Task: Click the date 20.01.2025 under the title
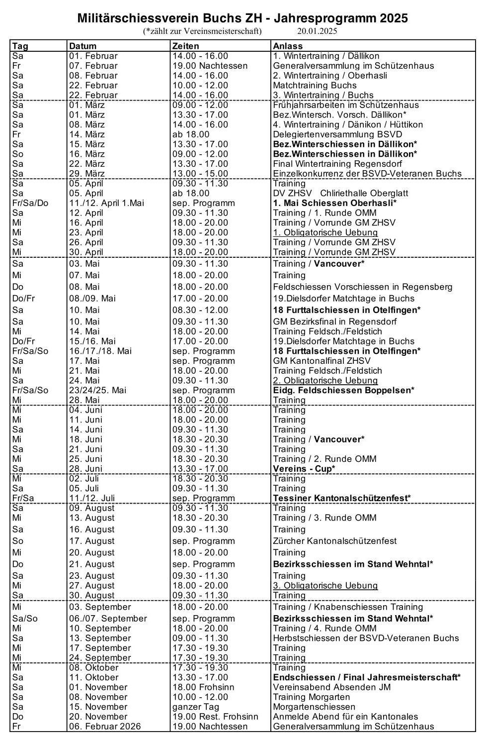[317, 31]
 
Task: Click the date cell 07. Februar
[93, 66]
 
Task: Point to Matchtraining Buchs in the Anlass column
[315, 85]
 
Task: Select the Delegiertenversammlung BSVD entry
[337, 134]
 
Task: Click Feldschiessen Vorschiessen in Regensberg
[363, 287]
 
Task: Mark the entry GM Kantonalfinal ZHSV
[322, 361]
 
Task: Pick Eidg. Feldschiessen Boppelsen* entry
[343, 390]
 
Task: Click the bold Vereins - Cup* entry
[304, 469]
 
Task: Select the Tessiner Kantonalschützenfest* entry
[342, 498]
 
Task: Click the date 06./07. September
[108, 619]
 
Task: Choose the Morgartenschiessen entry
[314, 707]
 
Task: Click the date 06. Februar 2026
[105, 727]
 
